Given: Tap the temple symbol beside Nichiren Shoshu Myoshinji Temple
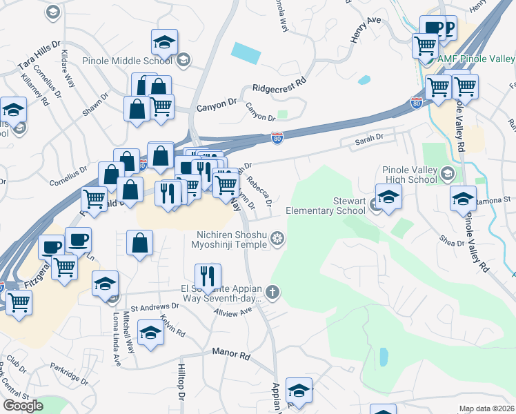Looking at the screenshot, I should [x=277, y=239].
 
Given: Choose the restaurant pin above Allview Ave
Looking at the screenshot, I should [x=207, y=277].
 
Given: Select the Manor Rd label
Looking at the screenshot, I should [x=231, y=353].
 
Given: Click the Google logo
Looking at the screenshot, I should [x=23, y=405].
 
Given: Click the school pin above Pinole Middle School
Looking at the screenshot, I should [x=165, y=43].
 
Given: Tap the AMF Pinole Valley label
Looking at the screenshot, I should [x=476, y=59].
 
